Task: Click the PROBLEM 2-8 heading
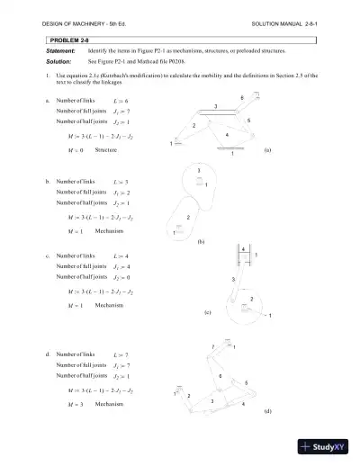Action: [x=66, y=41]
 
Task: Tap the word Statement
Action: [x=60, y=51]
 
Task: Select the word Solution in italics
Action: [x=58, y=60]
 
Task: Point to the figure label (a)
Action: [x=267, y=152]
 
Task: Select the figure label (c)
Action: [x=207, y=312]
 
